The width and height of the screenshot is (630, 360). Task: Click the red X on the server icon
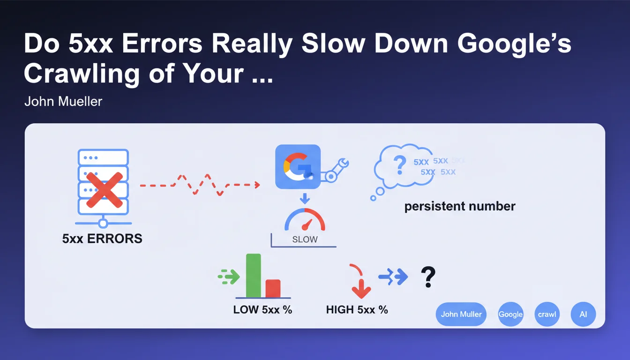(105, 190)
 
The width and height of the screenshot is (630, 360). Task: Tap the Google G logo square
(298, 167)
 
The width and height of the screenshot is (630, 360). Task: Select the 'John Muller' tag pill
(461, 314)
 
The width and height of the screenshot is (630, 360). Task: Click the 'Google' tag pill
(510, 314)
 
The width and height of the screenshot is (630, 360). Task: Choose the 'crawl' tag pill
(547, 314)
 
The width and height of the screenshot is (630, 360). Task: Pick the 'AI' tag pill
(583, 314)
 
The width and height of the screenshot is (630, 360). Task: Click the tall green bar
(254, 276)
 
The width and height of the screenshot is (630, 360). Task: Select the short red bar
(273, 289)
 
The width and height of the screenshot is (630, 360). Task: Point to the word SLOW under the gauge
(305, 240)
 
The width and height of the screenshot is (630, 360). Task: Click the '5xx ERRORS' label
(102, 239)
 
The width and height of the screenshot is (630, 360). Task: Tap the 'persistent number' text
(460, 206)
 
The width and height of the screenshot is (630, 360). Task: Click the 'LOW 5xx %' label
(262, 310)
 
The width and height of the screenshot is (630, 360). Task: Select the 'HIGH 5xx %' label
(357, 310)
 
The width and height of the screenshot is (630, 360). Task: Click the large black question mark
(428, 277)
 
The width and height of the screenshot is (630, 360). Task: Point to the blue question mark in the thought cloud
(400, 165)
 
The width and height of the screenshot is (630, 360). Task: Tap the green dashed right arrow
(229, 277)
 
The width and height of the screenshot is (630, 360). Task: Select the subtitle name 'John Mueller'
(63, 101)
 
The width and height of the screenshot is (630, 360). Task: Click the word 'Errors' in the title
(162, 44)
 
